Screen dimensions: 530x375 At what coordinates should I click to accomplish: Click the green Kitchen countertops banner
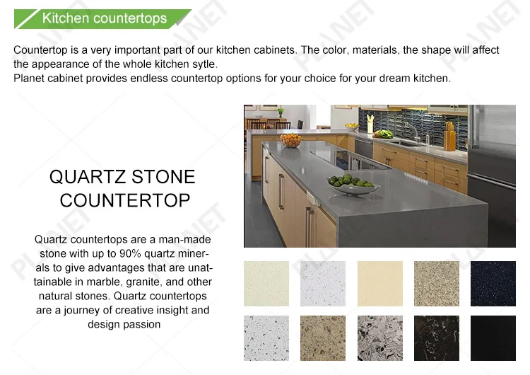[x=102, y=18]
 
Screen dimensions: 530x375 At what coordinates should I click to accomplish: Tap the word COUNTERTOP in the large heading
[x=125, y=200]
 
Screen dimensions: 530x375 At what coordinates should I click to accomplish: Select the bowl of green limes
[x=353, y=185]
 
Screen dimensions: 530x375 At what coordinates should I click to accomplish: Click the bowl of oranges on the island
[x=290, y=141]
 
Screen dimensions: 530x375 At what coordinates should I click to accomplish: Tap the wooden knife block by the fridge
[x=449, y=137]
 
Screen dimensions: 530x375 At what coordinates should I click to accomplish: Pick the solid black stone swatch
[x=493, y=338]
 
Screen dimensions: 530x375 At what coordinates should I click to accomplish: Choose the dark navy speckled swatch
[x=493, y=284]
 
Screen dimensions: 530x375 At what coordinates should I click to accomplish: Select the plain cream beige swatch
[x=380, y=284]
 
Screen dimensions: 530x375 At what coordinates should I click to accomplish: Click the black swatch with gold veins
[x=437, y=338]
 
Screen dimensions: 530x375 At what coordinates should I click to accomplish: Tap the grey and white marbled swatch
[x=380, y=338]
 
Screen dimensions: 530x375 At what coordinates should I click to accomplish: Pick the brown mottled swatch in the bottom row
[x=323, y=338]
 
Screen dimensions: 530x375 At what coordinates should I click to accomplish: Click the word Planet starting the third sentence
[x=29, y=79]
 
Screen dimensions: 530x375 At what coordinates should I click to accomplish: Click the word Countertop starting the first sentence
[x=40, y=50]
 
